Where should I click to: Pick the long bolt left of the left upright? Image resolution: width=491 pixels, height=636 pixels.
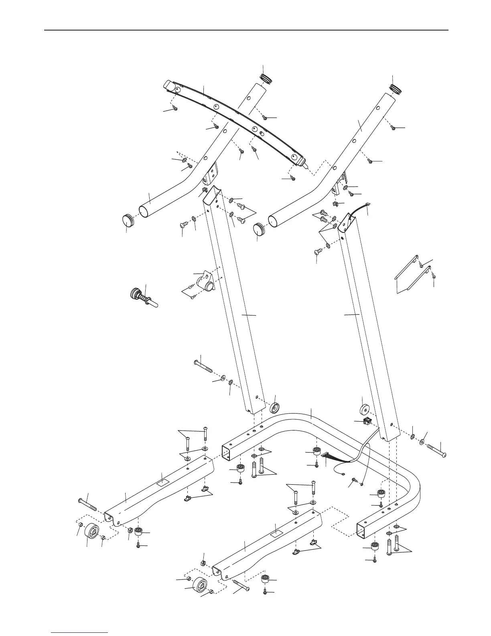click(x=205, y=367)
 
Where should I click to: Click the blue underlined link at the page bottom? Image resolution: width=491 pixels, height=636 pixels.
click(x=79, y=633)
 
